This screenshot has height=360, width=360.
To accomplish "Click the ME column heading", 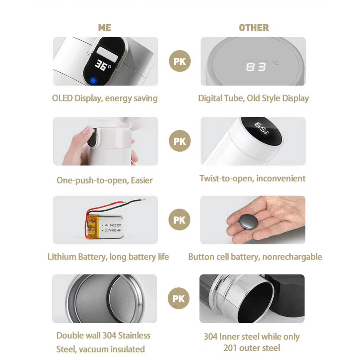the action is (105, 28).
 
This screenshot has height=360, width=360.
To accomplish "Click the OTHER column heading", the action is (254, 28).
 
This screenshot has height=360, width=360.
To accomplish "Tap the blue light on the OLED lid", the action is (93, 81).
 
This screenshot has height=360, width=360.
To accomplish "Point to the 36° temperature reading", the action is (103, 66).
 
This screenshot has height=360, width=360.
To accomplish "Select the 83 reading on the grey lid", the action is (256, 67).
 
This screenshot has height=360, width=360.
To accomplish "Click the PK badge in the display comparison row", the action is (180, 61).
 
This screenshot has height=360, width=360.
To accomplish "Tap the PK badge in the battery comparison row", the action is (179, 220).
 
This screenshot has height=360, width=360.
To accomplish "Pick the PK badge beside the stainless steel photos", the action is (179, 298).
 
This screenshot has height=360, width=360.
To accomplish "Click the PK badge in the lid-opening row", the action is (180, 141).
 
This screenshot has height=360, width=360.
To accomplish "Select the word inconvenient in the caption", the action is (281, 179).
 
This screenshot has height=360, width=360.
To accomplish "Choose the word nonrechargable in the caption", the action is (292, 257).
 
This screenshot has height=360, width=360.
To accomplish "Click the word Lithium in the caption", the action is (62, 257).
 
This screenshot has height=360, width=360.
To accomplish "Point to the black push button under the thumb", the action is (93, 137).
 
